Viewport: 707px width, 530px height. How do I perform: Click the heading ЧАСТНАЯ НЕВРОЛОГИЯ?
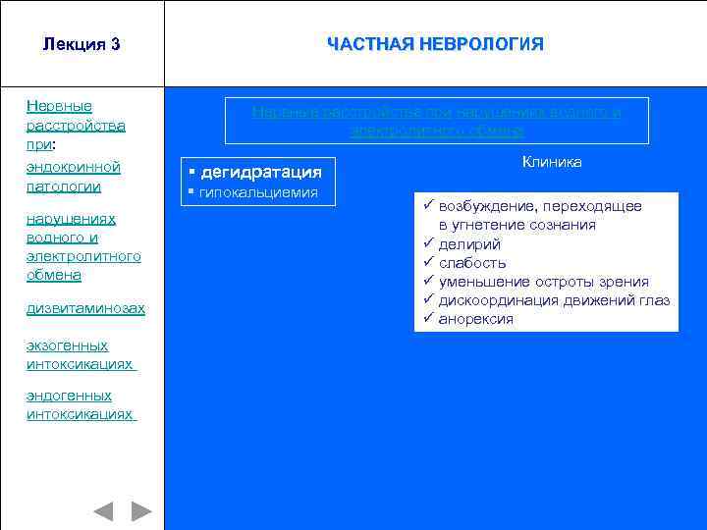point(435,44)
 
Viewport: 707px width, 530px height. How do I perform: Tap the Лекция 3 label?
point(82,44)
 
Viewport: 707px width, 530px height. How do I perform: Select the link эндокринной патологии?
point(74,177)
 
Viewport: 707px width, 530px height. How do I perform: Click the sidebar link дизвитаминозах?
point(85,308)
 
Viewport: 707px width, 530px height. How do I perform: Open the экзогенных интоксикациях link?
point(81,354)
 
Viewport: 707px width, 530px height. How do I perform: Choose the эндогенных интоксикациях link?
point(81,405)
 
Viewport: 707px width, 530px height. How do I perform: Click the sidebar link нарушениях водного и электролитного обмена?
point(83,247)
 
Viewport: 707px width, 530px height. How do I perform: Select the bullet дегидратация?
point(260,172)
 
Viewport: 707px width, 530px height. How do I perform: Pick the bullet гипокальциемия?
point(258,192)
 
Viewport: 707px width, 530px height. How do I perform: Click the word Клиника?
point(551,162)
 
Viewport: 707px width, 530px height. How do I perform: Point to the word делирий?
point(469,243)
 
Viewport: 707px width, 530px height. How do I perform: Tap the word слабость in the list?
point(472,262)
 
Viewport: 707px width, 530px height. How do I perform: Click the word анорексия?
point(475,319)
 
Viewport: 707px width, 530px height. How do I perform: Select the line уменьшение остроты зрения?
point(543,282)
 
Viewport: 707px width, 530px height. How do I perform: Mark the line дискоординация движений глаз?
point(554,300)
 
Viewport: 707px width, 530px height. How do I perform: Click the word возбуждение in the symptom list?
point(488,206)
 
